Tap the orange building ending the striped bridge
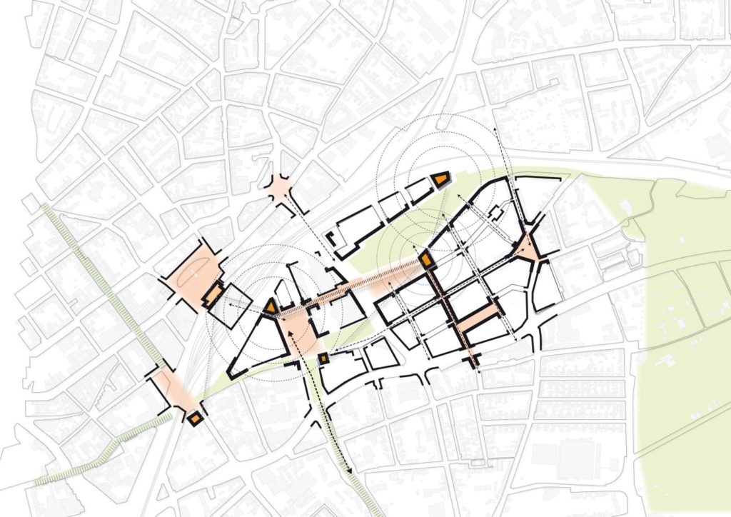point(425,261)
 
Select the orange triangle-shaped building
point(271,306)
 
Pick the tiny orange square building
point(323,358)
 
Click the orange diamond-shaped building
point(193,418)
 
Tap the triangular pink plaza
point(529,248)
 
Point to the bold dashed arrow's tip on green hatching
point(351,471)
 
